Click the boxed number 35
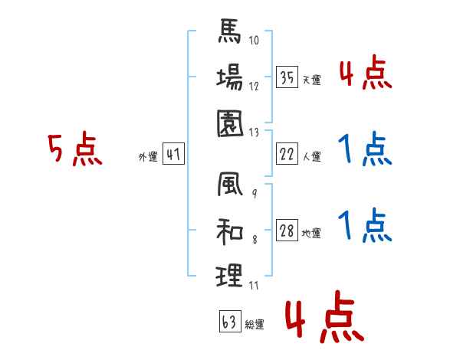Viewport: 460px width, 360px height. point(287,77)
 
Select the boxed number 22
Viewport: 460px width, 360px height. point(287,154)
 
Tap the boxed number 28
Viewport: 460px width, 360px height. point(287,231)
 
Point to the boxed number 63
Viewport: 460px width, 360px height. point(229,322)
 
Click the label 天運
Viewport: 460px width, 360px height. point(311,80)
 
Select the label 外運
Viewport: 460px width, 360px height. point(147,156)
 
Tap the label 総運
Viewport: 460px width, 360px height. point(254,325)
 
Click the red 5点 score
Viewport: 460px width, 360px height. point(74,150)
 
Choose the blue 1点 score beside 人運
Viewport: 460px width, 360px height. point(363,150)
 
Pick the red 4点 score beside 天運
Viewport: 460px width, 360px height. point(364,74)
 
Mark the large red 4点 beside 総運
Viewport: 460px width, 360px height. point(323,319)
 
